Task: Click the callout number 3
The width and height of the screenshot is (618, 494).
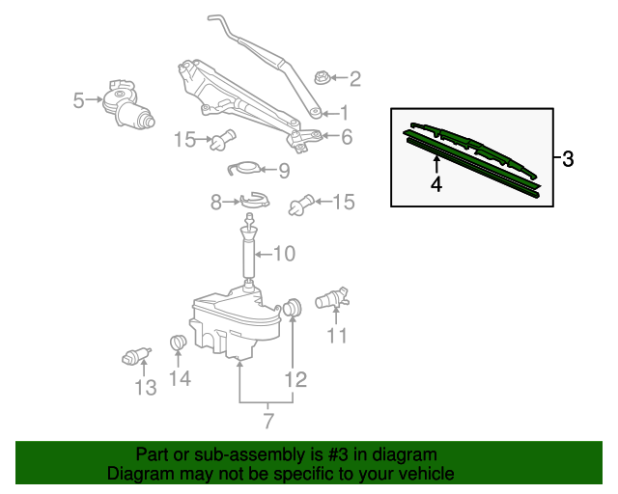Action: (568, 159)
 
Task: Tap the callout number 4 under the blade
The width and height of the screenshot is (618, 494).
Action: (436, 183)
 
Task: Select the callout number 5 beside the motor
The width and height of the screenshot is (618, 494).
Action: (79, 98)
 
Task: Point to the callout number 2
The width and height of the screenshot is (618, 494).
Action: (354, 78)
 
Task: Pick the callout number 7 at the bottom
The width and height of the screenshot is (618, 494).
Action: (267, 421)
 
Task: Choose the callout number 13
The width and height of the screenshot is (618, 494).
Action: (145, 388)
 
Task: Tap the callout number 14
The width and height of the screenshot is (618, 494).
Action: (180, 379)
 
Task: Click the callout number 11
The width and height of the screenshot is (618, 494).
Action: (336, 336)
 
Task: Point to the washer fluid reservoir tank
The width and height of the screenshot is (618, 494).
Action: (233, 323)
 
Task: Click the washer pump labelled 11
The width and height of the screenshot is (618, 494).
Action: (334, 299)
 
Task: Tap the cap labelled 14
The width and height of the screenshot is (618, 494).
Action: (178, 343)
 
